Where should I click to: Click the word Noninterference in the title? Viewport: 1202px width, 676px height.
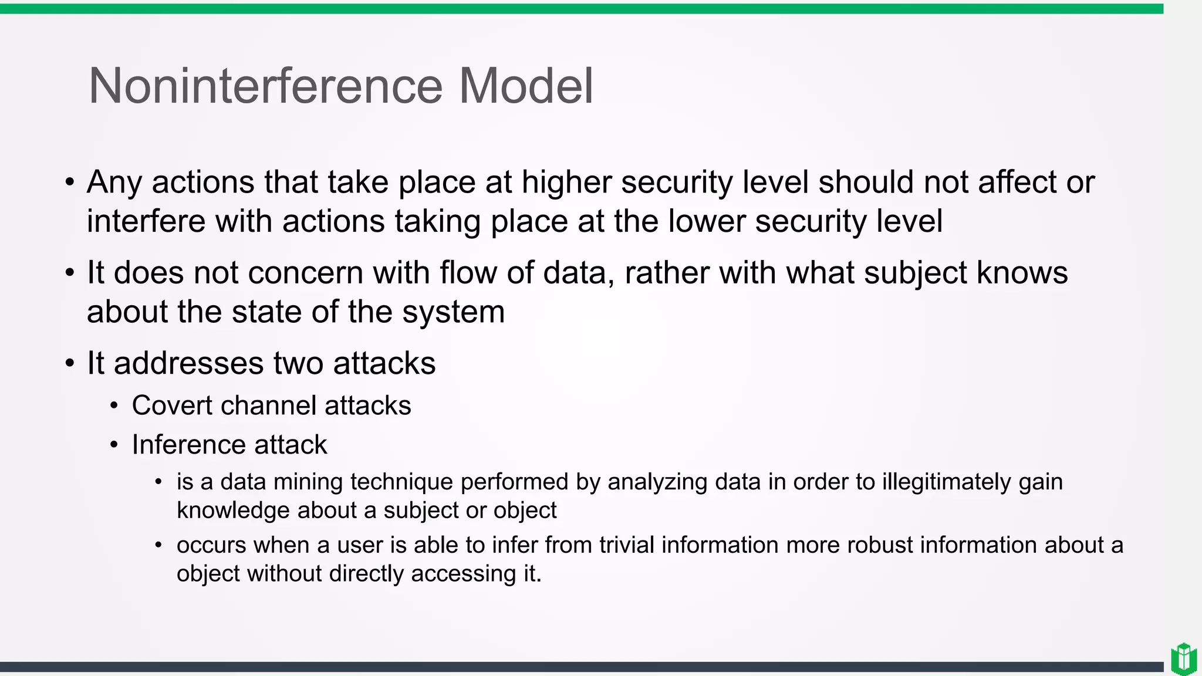point(265,86)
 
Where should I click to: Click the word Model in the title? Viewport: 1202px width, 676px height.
point(525,86)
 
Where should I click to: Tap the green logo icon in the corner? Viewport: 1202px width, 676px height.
point(1183,659)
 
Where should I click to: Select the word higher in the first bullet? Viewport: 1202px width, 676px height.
point(566,182)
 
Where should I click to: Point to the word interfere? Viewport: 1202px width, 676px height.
point(146,221)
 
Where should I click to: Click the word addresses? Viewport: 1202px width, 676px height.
point(189,363)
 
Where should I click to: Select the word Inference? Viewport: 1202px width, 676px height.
point(188,445)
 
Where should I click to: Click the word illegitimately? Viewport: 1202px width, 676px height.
point(947,482)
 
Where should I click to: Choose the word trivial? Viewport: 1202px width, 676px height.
point(626,545)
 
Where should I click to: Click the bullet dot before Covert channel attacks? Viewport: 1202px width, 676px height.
point(114,406)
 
